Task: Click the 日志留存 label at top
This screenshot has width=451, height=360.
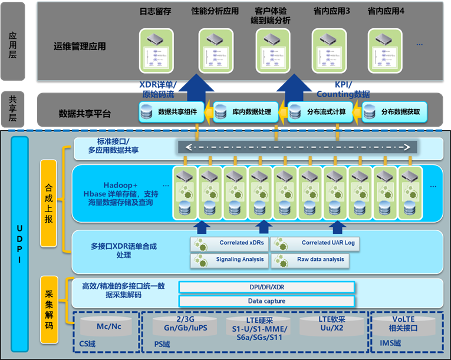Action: [155, 11]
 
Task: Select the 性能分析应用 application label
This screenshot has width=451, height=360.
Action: [215, 11]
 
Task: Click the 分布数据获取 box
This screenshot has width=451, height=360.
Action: [394, 112]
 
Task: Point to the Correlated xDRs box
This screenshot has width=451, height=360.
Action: [229, 243]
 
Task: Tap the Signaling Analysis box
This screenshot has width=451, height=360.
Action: [229, 259]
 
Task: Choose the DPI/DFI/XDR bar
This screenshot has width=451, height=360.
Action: [266, 287]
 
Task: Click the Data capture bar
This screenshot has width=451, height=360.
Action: [266, 301]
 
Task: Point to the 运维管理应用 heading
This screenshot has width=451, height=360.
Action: [80, 47]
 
